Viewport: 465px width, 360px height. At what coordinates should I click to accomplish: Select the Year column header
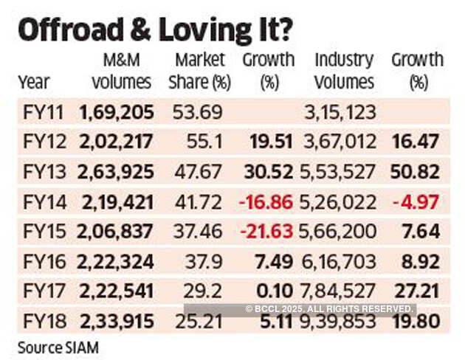coord(33,82)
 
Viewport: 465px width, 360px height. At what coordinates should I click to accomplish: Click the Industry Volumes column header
coord(344,70)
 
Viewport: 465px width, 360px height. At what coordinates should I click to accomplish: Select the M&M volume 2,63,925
coord(116,172)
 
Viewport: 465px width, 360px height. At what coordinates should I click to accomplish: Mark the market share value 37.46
coord(197,232)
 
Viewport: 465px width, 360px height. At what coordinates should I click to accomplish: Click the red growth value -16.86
coord(266,202)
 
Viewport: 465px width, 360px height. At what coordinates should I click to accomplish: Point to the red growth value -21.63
coord(266,232)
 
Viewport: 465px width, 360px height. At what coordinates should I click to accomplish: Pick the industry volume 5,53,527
coord(340,172)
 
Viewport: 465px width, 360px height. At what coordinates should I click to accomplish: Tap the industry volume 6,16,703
coord(340,261)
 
